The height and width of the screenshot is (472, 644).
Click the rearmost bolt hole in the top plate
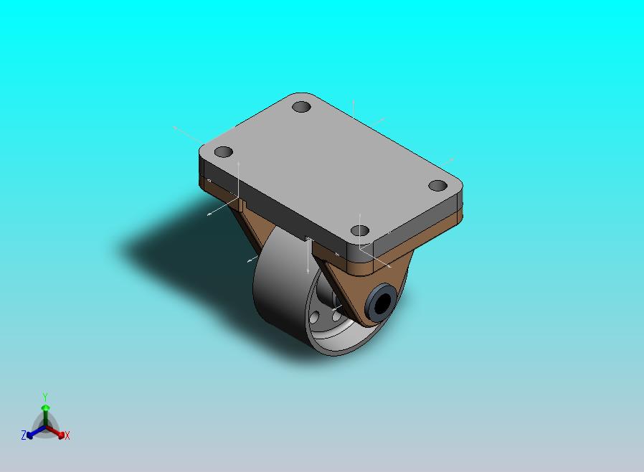pyautogui.click(x=302, y=108)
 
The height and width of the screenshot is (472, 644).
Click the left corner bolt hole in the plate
pyautogui.click(x=224, y=152)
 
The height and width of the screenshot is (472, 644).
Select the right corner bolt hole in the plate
pyautogui.click(x=437, y=186)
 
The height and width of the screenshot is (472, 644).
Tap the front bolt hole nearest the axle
pyautogui.click(x=360, y=231)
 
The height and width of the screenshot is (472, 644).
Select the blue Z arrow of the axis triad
pyautogui.click(x=31, y=433)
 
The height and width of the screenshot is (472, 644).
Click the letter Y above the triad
pyautogui.click(x=45, y=397)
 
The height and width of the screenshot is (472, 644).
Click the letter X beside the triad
pyautogui.click(x=67, y=435)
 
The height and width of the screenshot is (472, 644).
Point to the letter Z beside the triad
pyautogui.click(x=24, y=435)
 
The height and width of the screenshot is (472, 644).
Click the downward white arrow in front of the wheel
pyautogui.click(x=308, y=262)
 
